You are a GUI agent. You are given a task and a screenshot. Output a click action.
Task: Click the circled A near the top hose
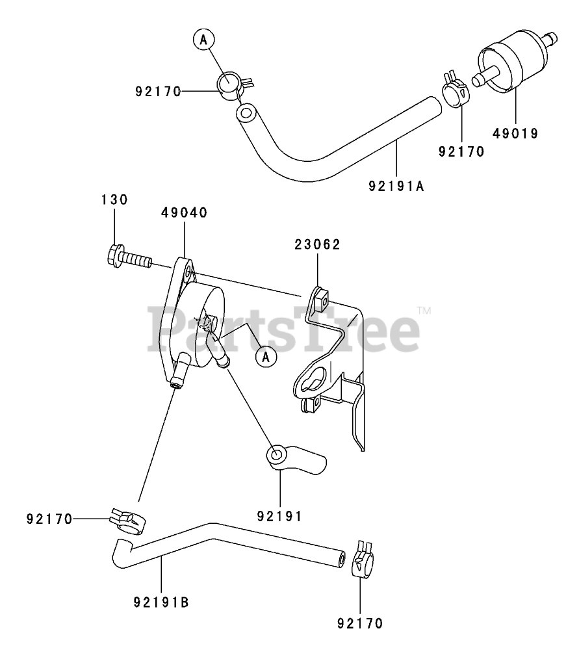pos(203,40)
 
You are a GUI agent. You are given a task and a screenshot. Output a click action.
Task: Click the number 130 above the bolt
pos(114,200)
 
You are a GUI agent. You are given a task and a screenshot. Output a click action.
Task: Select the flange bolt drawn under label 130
pos(127,259)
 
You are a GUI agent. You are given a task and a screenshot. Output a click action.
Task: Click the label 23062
pos(317,244)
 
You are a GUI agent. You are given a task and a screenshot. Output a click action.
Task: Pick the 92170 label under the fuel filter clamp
pos(461,152)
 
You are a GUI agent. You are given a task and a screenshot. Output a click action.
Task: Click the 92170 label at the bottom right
pos(360,623)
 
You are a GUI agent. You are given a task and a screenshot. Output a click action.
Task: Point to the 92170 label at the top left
pos(158,92)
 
